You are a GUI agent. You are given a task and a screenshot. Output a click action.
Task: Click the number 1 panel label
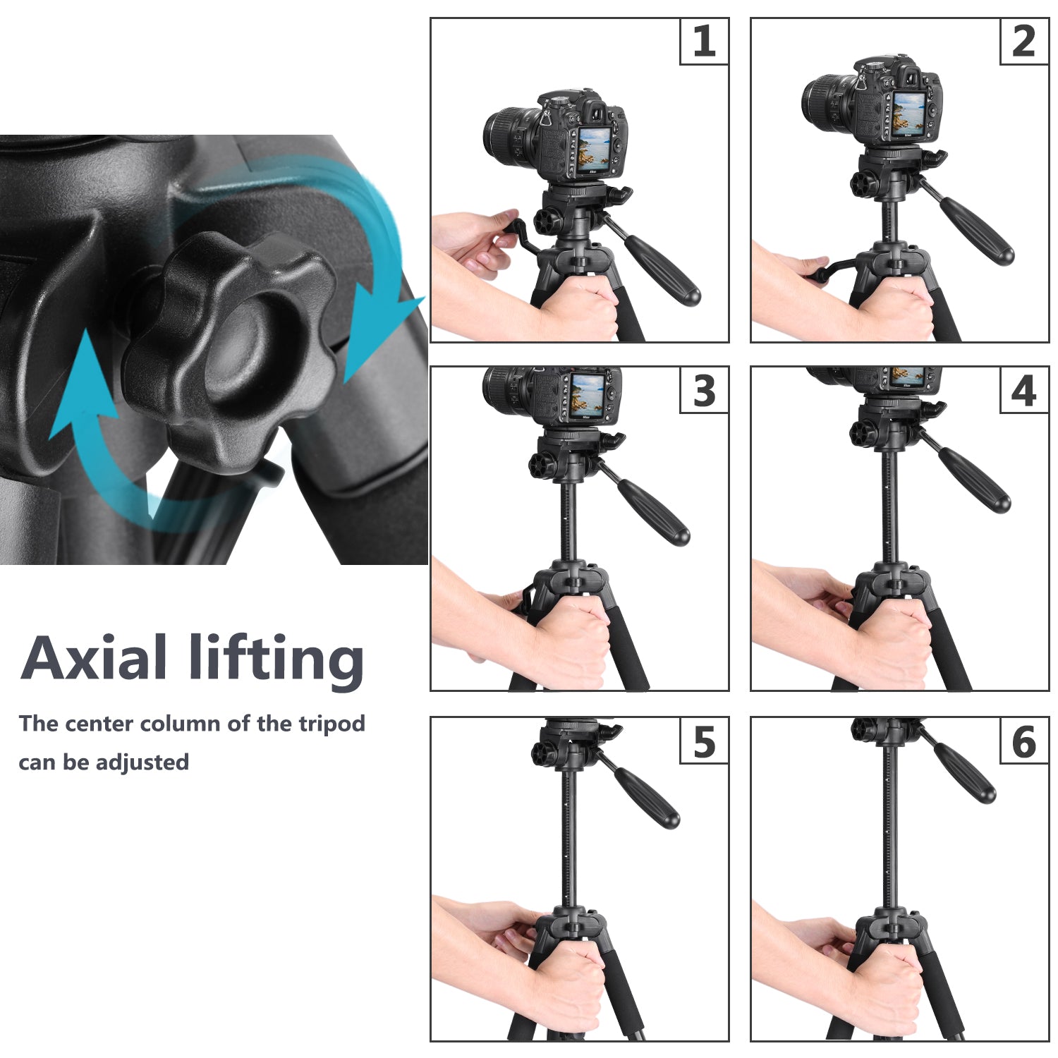[704, 42]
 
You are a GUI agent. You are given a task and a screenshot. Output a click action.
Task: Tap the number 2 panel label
[1023, 42]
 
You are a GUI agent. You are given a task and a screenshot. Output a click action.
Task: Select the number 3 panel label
[704, 391]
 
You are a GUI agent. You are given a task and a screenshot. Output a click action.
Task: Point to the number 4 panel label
[1023, 391]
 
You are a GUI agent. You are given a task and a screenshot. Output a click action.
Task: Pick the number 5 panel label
[704, 741]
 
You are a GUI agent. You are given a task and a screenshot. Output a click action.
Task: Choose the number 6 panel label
[1023, 741]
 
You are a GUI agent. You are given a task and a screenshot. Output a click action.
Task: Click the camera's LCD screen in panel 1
[593, 150]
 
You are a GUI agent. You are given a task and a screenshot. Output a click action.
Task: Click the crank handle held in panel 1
[518, 233]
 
